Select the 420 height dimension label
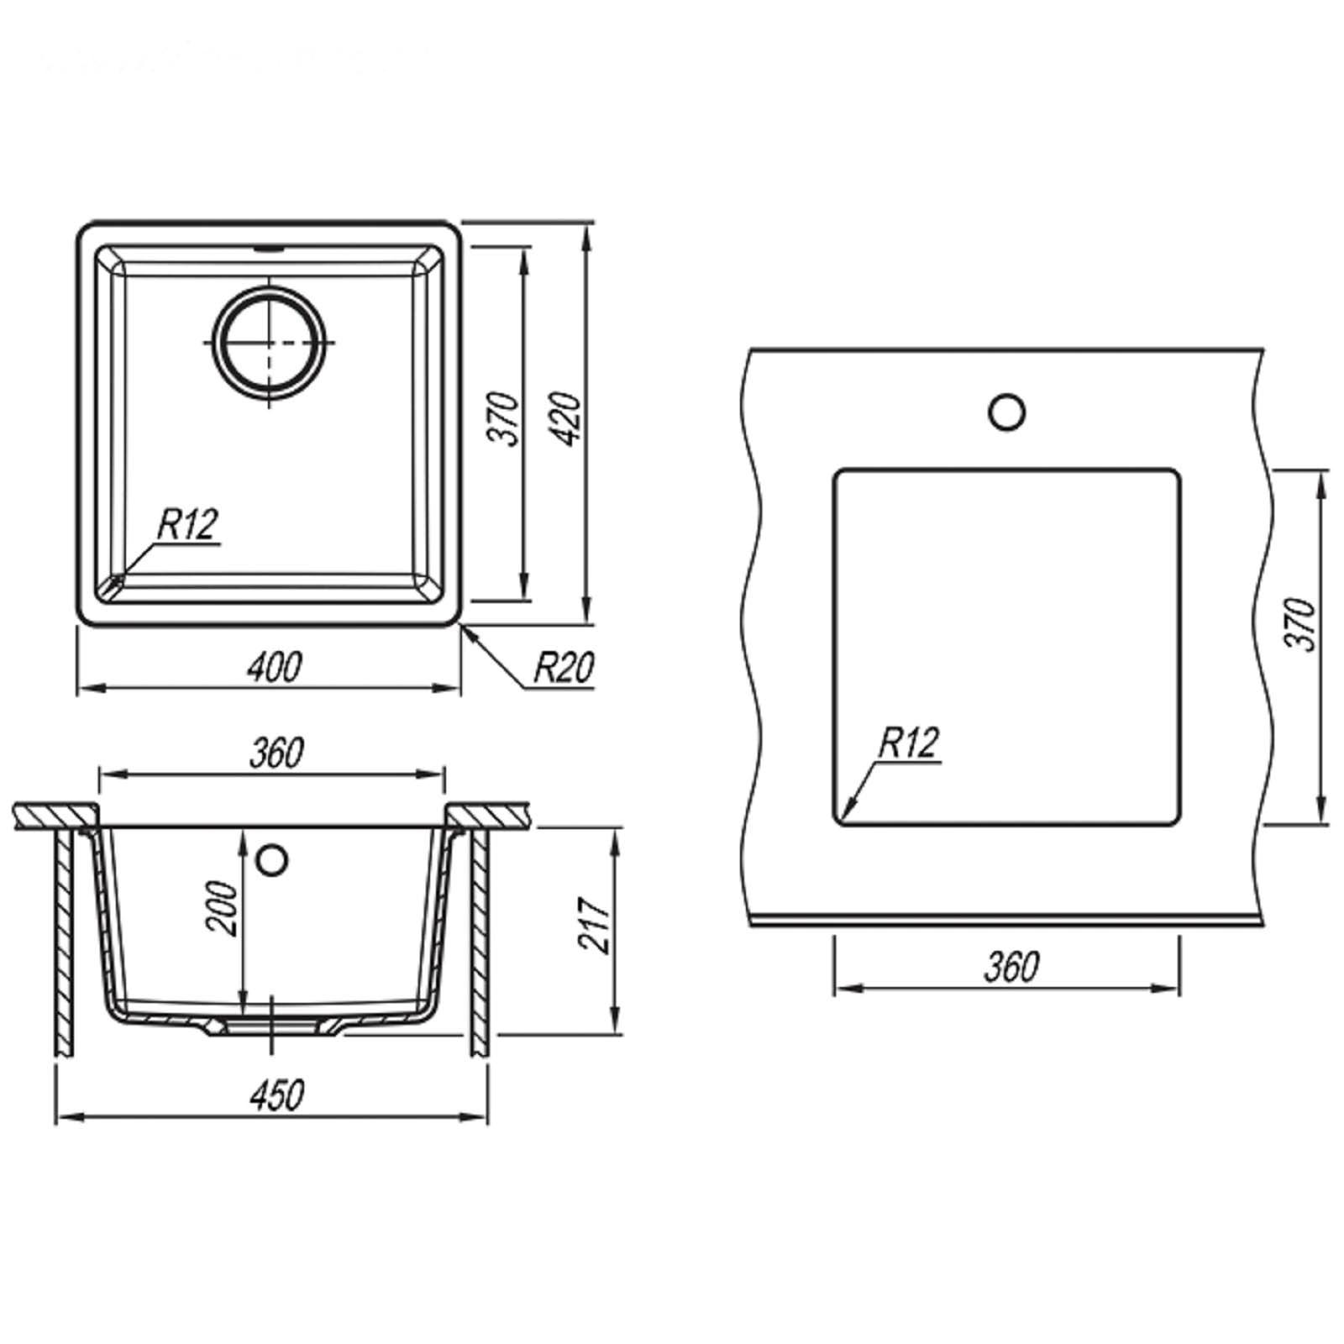click(568, 418)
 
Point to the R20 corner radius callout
click(564, 669)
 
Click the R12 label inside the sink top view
click(187, 525)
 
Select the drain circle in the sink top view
click(269, 341)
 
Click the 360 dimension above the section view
click(276, 752)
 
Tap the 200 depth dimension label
click(223, 908)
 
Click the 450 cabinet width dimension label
click(276, 1095)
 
